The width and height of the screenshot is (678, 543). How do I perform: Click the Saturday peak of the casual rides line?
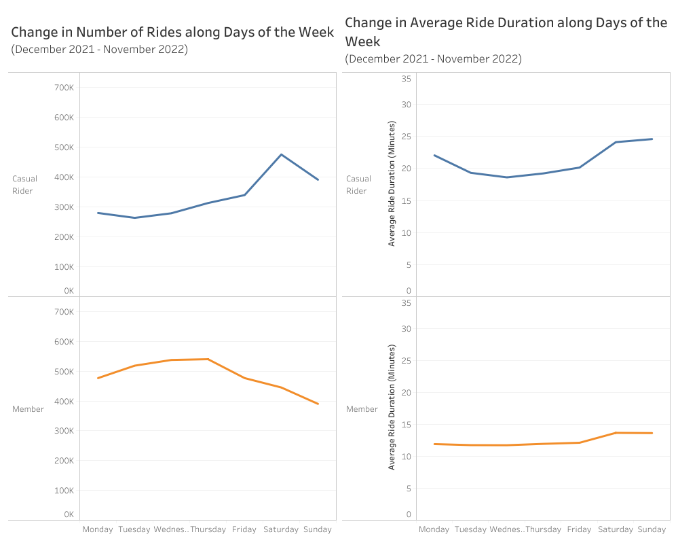click(281, 154)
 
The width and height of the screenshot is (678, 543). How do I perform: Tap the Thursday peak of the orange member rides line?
click(208, 359)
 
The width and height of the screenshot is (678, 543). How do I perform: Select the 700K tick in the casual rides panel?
click(64, 88)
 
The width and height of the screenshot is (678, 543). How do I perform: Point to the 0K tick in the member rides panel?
click(69, 514)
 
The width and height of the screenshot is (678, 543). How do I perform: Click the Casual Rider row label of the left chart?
click(25, 185)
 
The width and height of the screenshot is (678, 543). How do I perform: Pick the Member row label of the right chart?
click(362, 409)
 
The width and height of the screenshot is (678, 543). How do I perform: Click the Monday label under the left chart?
click(98, 529)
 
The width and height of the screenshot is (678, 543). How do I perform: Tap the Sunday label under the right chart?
click(652, 529)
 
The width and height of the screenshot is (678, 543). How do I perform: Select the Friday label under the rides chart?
click(244, 529)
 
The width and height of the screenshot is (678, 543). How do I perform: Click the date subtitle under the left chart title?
click(99, 49)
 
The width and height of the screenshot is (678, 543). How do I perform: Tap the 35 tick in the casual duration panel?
click(407, 79)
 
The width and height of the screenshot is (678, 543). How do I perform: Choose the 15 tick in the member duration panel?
click(407, 425)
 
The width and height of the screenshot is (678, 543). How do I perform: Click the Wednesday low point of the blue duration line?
click(506, 177)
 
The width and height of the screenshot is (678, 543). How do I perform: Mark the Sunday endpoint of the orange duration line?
click(652, 433)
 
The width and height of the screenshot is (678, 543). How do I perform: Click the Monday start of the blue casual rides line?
click(98, 213)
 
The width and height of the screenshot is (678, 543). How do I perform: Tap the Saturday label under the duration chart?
click(616, 529)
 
